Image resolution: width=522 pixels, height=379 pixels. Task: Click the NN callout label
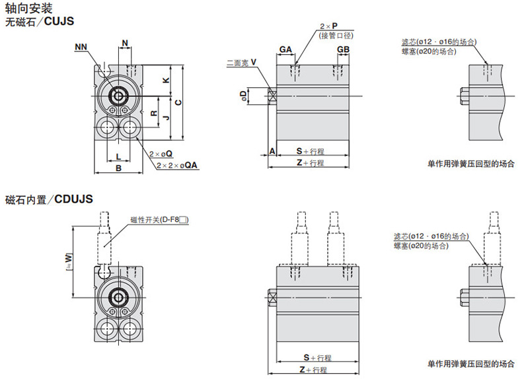coord(81,46)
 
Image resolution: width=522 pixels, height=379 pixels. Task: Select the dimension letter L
coord(118,156)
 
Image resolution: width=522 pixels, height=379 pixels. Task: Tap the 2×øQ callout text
coord(161,153)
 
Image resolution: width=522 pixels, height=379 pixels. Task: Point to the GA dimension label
coord(285,50)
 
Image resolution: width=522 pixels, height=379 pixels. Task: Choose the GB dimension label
coord(343,50)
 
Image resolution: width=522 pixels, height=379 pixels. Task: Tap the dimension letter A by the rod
coord(272,151)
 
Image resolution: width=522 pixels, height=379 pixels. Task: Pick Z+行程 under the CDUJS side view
coord(314,370)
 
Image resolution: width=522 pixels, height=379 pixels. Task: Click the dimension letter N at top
coord(126,44)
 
